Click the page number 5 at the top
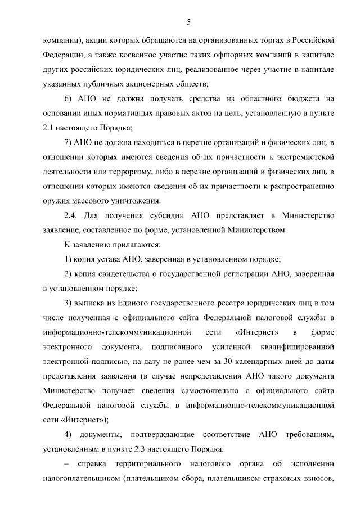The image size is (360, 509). [x=189, y=22]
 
